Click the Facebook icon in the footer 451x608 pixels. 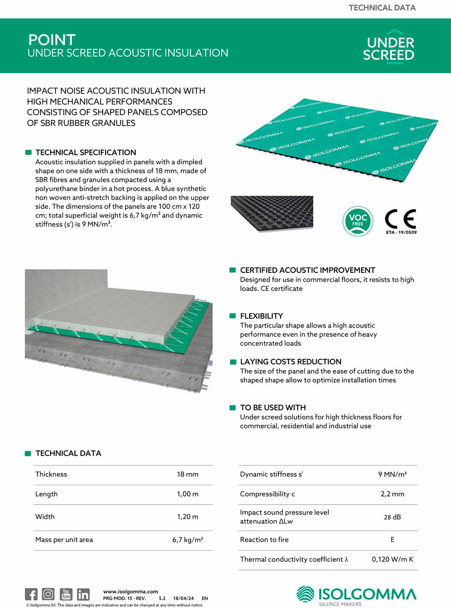coord(31,594)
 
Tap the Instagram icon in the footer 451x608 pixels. coord(48,594)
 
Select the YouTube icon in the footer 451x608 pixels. coord(66,594)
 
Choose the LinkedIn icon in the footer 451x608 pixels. coord(83,594)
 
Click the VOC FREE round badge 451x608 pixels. coord(357,221)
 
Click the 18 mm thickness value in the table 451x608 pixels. coord(188,474)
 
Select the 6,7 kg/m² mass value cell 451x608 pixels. coord(188,540)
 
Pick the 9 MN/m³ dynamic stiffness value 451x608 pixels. coord(392,474)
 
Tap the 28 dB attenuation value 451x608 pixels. coord(392,517)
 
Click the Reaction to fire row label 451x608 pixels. coord(264,540)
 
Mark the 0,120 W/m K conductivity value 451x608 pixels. coord(392,559)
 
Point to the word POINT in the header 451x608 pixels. coord(52,40)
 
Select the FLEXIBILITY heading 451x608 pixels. coord(262,316)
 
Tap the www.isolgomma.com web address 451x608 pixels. coord(130,591)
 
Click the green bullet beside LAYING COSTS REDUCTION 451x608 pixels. coord(233,362)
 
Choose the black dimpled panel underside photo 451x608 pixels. coord(272,212)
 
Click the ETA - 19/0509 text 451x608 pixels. coord(401,232)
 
